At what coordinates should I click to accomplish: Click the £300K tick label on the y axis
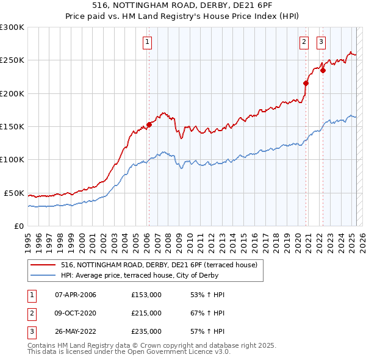pyautogui.click(x=12, y=27)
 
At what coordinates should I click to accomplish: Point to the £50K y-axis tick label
pyautogui.click(x=13, y=193)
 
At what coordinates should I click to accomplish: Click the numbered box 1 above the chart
pyautogui.click(x=148, y=42)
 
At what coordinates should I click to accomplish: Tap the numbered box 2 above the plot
pyautogui.click(x=304, y=42)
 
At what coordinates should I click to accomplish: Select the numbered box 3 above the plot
pyautogui.click(x=321, y=42)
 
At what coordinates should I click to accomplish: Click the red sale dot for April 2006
pyautogui.click(x=149, y=124)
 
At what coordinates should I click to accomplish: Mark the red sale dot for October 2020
pyautogui.click(x=306, y=84)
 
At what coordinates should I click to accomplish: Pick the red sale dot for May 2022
pyautogui.click(x=323, y=70)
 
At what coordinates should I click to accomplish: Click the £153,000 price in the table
pyautogui.click(x=146, y=295)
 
